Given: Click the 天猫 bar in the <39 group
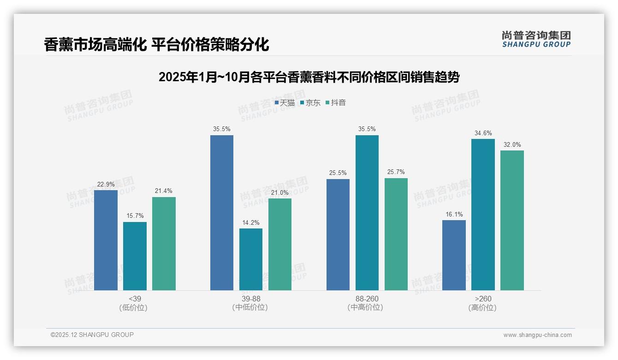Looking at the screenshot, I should (x=106, y=240).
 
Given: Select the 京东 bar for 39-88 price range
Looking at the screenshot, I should (x=250, y=259).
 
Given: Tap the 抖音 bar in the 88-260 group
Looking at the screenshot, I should (x=396, y=234).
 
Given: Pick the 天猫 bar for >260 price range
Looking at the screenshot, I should (x=454, y=255).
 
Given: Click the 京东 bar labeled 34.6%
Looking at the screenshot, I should (x=483, y=215).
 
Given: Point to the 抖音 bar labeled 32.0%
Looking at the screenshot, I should (x=512, y=220).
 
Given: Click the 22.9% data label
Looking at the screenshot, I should (x=106, y=184).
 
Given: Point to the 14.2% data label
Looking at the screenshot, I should (x=250, y=222).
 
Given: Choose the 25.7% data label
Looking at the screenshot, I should (x=396, y=172).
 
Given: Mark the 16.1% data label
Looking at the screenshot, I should (x=454, y=214).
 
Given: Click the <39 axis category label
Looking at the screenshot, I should (x=135, y=299).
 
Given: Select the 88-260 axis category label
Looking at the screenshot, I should (x=367, y=299).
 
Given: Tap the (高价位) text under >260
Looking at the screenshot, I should (x=482, y=308).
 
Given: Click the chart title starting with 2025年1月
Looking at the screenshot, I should (x=309, y=77).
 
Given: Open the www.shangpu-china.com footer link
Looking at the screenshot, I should (x=537, y=335).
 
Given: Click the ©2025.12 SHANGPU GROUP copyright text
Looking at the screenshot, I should (x=92, y=335).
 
